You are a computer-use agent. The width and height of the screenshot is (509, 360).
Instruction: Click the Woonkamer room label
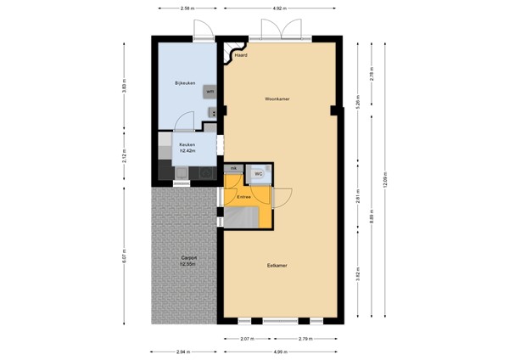point(277,99)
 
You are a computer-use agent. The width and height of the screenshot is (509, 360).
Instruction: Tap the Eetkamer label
point(277,266)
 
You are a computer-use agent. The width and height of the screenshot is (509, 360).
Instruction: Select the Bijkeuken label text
point(186,82)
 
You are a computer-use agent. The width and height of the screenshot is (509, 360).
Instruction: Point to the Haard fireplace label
point(241,54)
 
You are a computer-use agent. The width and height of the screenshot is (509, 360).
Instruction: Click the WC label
point(259,174)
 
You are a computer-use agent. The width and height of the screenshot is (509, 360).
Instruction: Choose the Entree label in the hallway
point(244,197)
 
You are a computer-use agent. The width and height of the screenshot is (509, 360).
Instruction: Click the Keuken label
point(187,146)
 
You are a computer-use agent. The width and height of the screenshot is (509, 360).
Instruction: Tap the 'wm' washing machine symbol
point(209,91)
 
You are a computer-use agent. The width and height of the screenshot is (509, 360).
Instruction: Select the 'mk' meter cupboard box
point(232,169)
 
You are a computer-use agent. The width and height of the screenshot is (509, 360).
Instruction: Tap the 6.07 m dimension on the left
point(125,254)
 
